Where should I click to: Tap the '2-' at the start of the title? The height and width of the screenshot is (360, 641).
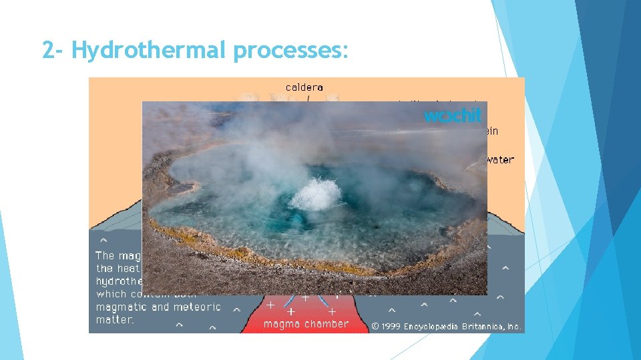tap(53, 50)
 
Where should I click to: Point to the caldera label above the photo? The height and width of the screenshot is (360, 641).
tap(304, 87)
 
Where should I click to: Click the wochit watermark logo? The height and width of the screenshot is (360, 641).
tap(452, 115)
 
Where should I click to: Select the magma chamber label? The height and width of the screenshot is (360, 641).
tap(306, 324)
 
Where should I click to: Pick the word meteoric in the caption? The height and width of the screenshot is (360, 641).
tap(196, 307)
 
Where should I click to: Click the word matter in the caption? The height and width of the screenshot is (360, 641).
tap(114, 320)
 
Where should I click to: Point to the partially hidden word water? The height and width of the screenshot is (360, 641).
tap(501, 160)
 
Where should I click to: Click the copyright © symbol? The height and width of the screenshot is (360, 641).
tap(375, 327)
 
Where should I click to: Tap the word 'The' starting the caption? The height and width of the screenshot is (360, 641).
tap(105, 255)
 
